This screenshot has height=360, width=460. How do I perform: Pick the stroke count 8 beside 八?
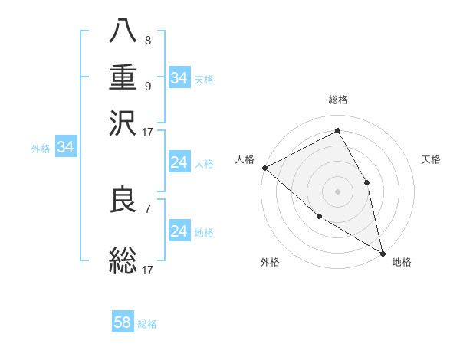click(x=147, y=41)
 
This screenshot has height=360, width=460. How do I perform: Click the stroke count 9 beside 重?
click(x=147, y=86)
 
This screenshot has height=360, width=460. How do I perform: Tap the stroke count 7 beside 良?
click(x=147, y=208)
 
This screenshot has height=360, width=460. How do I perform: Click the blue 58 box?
click(x=123, y=322)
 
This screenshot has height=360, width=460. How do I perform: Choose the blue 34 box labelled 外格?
click(x=65, y=148)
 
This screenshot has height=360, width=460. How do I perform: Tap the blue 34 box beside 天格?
click(x=179, y=78)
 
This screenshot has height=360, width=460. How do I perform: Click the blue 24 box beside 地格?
click(x=179, y=231)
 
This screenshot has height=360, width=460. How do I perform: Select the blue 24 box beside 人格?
click(x=179, y=163)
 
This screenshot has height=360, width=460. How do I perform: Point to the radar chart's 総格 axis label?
click(x=338, y=100)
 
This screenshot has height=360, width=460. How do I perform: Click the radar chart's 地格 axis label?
click(x=402, y=262)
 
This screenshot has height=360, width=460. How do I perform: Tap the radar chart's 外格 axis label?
click(x=270, y=262)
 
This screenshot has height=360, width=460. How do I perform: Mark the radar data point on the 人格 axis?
click(x=264, y=168)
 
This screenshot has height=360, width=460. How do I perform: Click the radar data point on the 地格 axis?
click(x=382, y=252)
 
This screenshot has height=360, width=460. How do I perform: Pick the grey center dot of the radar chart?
click(x=337, y=191)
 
